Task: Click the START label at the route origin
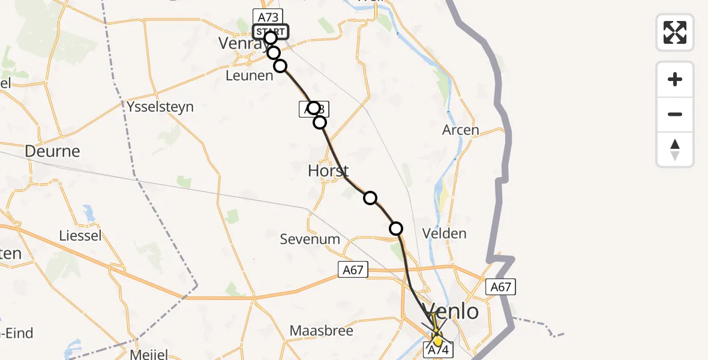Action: point(271,31)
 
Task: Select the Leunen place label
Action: point(250,76)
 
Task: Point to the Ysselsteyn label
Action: point(161,107)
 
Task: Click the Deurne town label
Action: point(52,151)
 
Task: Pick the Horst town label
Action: point(328,170)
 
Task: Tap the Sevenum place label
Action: point(310,239)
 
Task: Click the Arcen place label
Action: point(461,130)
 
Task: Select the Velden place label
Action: point(445,233)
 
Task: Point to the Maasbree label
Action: point(322,331)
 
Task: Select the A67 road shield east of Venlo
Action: point(500,287)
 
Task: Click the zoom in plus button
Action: point(675,80)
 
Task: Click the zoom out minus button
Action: point(675,114)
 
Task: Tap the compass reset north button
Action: point(675,149)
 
